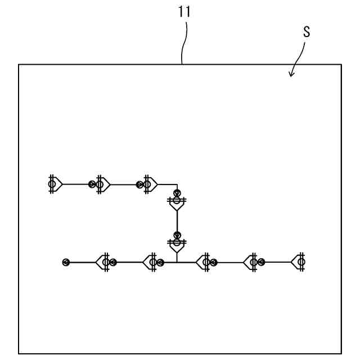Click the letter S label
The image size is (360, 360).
coord(306,33)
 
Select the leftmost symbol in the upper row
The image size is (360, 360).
coord(54,184)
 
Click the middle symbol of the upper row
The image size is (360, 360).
coord(101,184)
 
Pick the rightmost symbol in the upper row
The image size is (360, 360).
coord(148,184)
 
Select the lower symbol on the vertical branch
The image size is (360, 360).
coord(177,244)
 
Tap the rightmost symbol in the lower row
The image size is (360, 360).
coord(299,262)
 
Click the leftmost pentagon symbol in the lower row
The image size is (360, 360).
coord(104,262)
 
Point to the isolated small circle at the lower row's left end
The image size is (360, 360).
coord(66,262)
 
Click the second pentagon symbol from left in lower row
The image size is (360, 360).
coord(151,262)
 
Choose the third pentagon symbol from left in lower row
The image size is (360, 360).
coord(204,262)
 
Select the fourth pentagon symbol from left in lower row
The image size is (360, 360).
coord(251,262)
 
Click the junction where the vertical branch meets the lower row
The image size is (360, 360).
coord(177,262)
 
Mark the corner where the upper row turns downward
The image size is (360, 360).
coord(177,184)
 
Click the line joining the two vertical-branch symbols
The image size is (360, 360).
coord(177,223)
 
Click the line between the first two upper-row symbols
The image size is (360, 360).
coord(76,184)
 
